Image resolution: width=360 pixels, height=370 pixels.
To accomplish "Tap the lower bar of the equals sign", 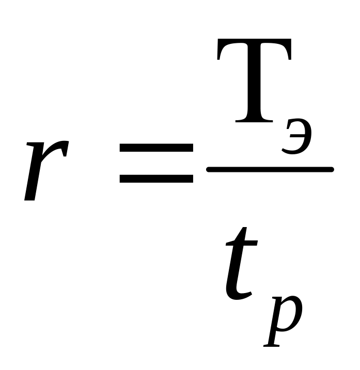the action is pyautogui.click(x=156, y=179).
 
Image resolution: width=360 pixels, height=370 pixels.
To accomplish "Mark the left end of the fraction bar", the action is pyautogui.click(x=209, y=169).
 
